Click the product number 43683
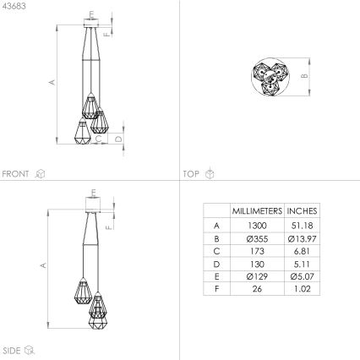(x=15, y=7)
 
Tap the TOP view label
(x=191, y=174)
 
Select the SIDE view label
(x=12, y=348)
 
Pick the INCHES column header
(x=303, y=210)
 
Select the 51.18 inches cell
(x=303, y=226)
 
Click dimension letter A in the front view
(x=52, y=82)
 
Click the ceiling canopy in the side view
(x=94, y=202)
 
